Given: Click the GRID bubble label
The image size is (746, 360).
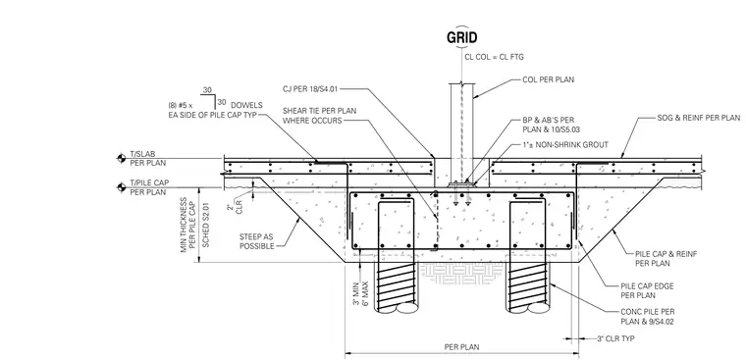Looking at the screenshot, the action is (461, 37).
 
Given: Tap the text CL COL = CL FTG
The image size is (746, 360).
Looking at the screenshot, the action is (494, 57).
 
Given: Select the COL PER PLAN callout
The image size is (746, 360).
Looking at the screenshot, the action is (548, 79).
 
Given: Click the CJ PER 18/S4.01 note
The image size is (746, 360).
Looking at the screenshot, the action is (310, 89).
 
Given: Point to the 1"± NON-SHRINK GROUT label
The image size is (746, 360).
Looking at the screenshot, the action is (564, 144).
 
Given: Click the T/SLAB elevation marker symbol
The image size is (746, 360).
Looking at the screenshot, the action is (122, 158).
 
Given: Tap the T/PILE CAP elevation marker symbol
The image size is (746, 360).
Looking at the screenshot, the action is (122, 187).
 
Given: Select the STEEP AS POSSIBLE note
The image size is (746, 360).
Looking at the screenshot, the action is (257, 241).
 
